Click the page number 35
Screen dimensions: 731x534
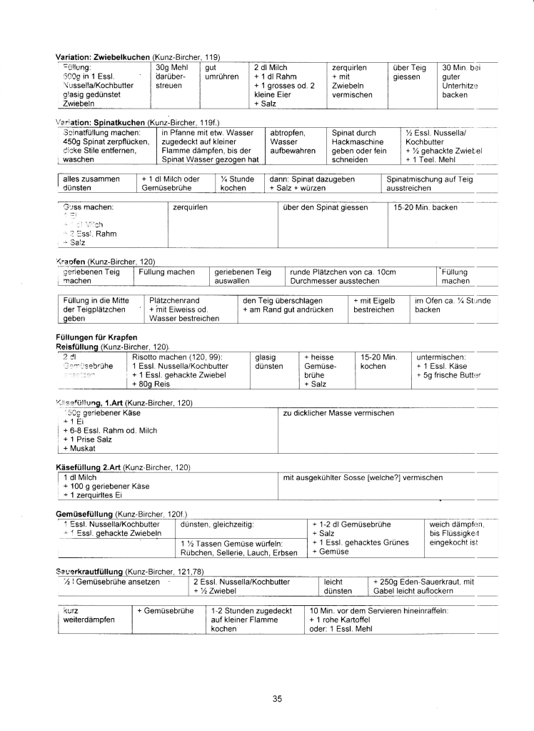(278, 698)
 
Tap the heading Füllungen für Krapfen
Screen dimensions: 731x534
(95, 337)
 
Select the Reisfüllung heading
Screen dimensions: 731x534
(78, 345)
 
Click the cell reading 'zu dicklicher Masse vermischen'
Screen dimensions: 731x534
(338, 413)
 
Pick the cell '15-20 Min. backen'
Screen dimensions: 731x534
(425, 207)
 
